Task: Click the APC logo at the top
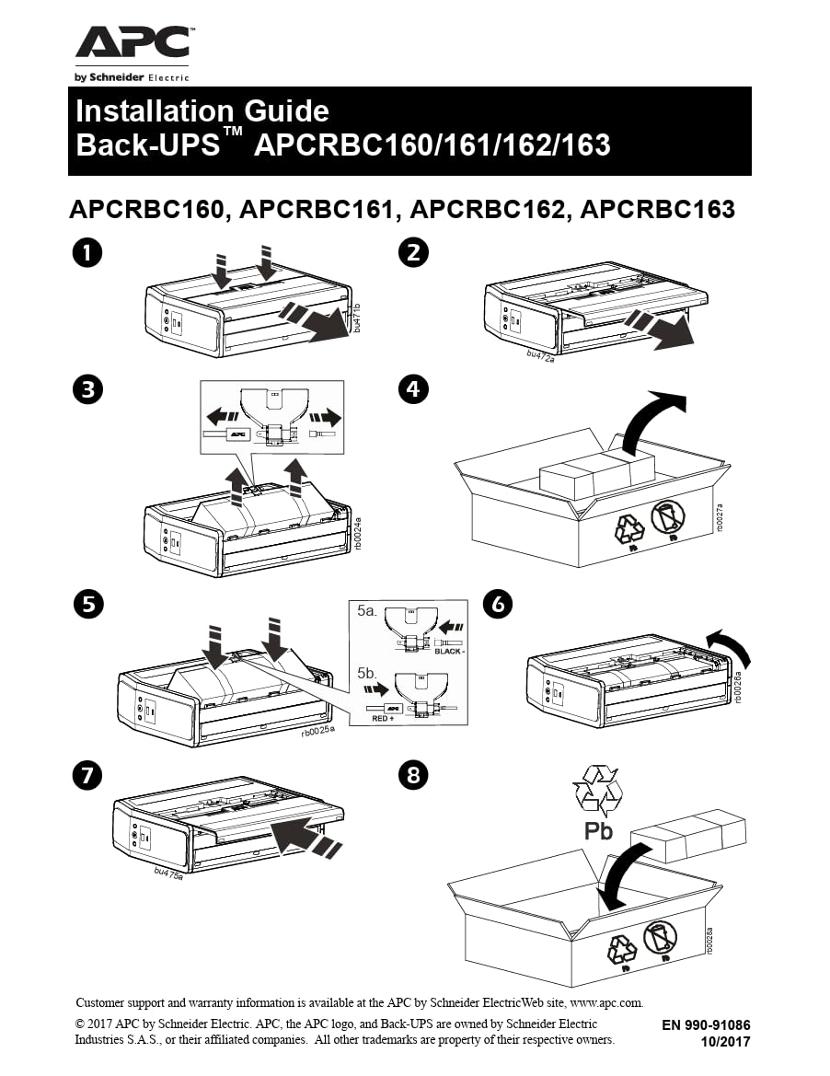(133, 44)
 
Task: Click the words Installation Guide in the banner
(202, 110)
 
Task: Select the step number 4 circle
(413, 389)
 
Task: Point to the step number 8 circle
(413, 775)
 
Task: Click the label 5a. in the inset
(366, 610)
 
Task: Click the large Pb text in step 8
(598, 832)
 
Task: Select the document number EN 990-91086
(706, 1024)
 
